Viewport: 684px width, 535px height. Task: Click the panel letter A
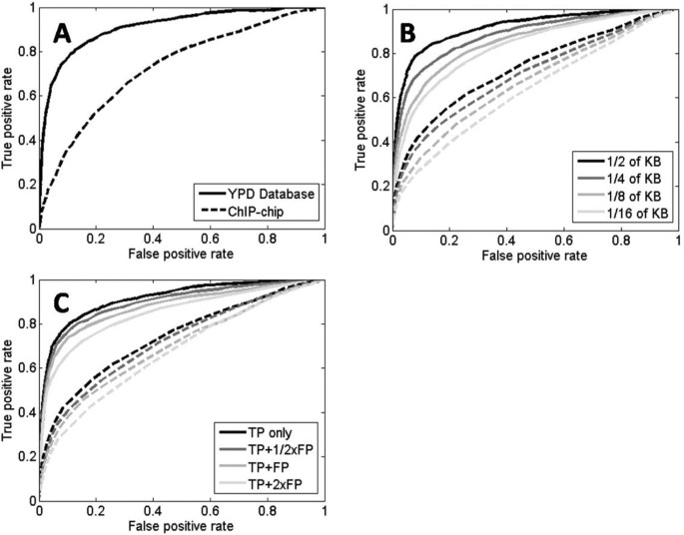click(x=61, y=33)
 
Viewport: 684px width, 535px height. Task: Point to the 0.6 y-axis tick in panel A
click(x=23, y=96)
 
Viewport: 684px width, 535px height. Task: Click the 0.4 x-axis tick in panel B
click(x=506, y=242)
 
